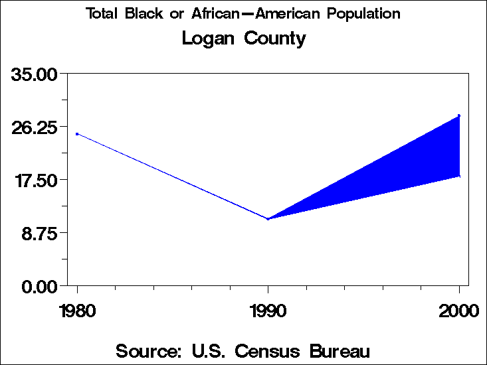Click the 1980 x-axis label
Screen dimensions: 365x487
(x=77, y=311)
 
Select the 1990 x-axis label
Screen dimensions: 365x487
(x=268, y=311)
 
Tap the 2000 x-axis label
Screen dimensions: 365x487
(x=459, y=311)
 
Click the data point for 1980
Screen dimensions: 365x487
(x=77, y=134)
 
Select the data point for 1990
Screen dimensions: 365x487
(x=268, y=218)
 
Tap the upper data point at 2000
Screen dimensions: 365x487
(x=459, y=116)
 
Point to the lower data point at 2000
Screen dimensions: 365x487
(x=459, y=176)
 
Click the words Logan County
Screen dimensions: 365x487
(x=244, y=38)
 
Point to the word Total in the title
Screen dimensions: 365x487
(x=101, y=14)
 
